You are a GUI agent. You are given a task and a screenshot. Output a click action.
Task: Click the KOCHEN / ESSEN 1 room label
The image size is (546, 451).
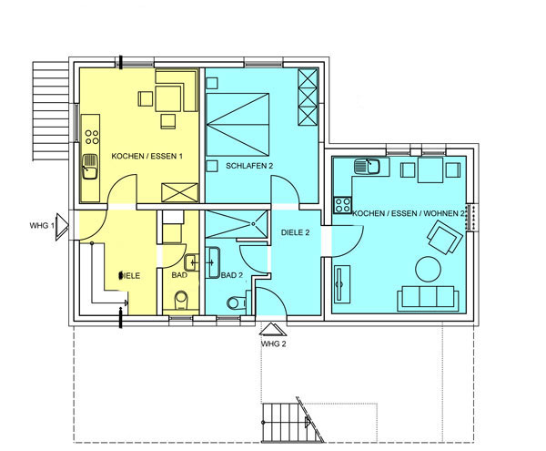click(147, 156)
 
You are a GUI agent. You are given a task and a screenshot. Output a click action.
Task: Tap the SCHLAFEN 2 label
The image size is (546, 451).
click(249, 166)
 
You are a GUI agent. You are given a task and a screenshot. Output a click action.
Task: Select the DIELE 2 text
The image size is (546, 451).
click(295, 232)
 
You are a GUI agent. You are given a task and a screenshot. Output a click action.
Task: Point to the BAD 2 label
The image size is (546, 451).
click(231, 275)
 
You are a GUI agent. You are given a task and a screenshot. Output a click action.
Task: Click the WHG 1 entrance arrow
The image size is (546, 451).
click(62, 227)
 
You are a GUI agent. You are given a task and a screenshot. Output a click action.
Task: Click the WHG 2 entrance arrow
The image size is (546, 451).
click(273, 329)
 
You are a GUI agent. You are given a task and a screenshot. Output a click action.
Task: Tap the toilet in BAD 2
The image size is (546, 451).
click(236, 302)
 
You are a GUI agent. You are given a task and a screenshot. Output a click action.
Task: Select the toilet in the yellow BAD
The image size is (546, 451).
click(181, 301)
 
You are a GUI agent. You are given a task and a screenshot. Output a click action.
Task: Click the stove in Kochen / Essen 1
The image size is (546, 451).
click(92, 137)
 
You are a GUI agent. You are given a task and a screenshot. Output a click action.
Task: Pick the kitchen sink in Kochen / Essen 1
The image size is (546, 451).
click(90, 167)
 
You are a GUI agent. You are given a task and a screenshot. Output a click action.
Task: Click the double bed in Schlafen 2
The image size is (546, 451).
click(238, 125)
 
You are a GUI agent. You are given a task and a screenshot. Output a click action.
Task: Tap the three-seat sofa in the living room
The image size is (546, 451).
click(428, 298)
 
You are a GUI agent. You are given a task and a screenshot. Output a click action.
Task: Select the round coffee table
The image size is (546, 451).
click(429, 269)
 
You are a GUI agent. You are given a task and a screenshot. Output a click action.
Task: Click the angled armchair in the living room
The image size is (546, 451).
click(445, 238)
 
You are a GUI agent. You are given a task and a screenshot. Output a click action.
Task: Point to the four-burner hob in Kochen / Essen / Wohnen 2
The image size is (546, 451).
click(342, 205)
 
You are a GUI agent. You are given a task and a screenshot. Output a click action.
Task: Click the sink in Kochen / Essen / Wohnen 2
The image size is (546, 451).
click(368, 166)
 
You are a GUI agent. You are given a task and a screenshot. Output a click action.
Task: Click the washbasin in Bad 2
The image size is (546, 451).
click(212, 262)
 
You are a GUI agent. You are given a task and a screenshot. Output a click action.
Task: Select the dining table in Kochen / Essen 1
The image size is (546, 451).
click(168, 98)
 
